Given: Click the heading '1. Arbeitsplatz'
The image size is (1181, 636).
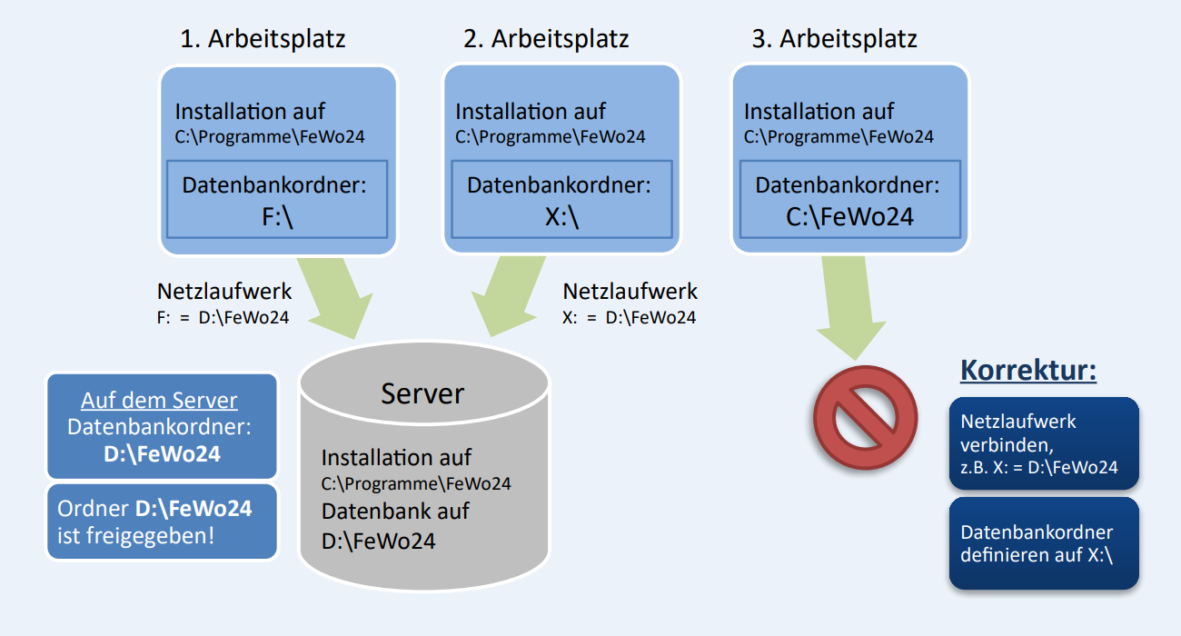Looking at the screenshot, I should click(x=263, y=39).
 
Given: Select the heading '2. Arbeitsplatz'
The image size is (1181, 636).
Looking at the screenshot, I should click(x=546, y=39).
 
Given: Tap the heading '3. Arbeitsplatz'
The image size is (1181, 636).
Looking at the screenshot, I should click(x=835, y=39).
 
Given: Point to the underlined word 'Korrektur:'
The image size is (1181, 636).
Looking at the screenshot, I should click(x=1028, y=371).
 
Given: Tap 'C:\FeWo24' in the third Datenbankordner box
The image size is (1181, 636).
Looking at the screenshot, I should click(x=849, y=218).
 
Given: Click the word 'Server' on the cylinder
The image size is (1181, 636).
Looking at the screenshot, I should click(x=422, y=393).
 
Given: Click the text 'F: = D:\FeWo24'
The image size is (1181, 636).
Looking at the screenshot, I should click(x=223, y=318).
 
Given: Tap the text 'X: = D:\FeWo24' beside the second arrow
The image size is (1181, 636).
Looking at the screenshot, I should click(x=630, y=318).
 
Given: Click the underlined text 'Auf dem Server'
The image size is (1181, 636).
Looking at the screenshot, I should click(x=159, y=401).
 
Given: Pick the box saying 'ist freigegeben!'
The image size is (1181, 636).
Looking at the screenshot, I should click(x=162, y=522).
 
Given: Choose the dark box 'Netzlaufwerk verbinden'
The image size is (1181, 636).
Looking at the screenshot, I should click(x=1044, y=443).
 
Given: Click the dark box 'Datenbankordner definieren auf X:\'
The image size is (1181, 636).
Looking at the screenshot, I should click(x=1044, y=543).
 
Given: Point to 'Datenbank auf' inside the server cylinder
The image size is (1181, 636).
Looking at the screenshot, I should click(x=395, y=511).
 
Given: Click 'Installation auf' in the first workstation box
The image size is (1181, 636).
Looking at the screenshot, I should click(x=250, y=112).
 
